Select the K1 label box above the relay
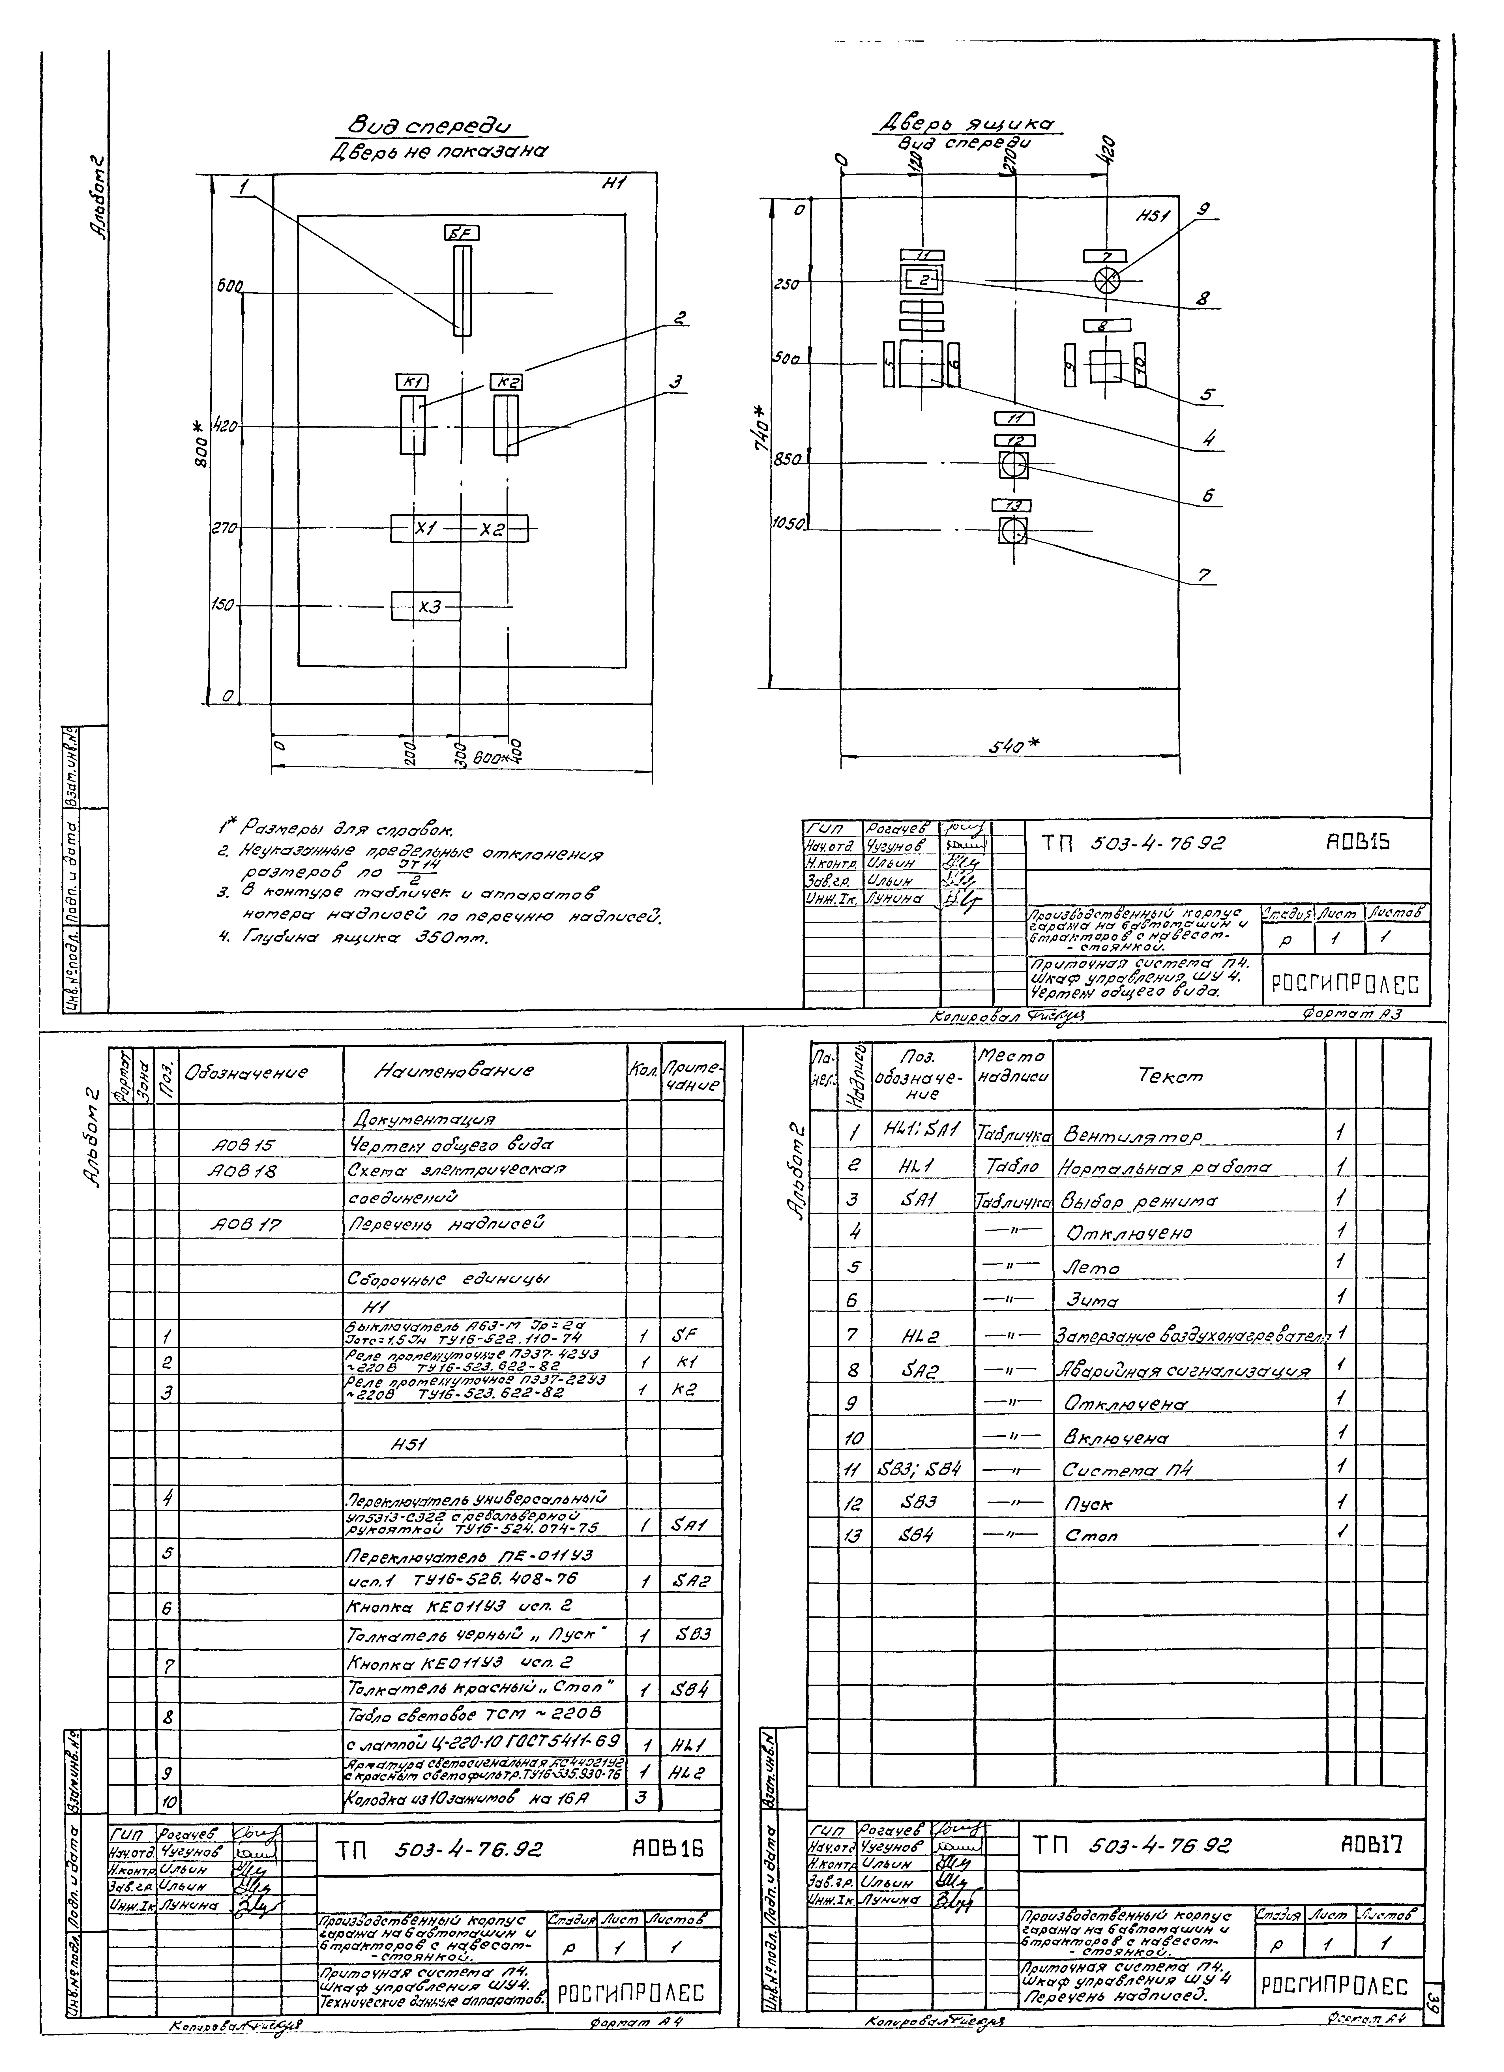[413, 382]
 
